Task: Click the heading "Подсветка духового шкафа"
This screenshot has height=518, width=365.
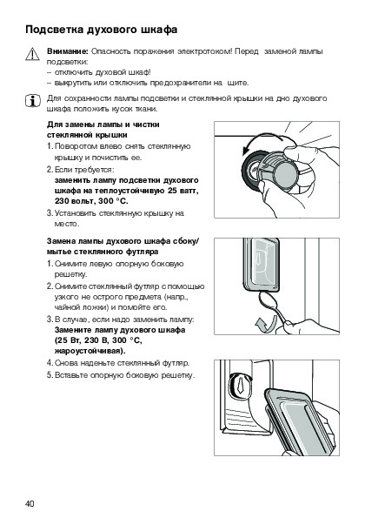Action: pyautogui.click(x=101, y=30)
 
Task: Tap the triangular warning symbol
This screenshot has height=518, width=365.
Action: pyautogui.click(x=32, y=55)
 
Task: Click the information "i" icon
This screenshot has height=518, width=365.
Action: pyautogui.click(x=33, y=100)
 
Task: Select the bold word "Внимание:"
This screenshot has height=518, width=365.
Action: pyautogui.click(x=67, y=51)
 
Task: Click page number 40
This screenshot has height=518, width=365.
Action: pyautogui.click(x=30, y=503)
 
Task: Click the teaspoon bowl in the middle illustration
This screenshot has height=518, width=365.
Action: pyautogui.click(x=265, y=300)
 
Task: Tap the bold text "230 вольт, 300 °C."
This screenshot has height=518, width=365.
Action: pyautogui.click(x=91, y=201)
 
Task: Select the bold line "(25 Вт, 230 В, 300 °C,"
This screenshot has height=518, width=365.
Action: pyautogui.click(x=98, y=340)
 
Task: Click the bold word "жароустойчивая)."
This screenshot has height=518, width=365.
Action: pyautogui.click(x=90, y=351)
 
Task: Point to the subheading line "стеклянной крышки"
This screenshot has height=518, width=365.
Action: pyautogui.click(x=87, y=135)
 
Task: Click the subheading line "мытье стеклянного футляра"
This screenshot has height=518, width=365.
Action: pyautogui.click(x=103, y=252)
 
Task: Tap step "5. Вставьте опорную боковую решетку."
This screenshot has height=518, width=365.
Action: pyautogui.click(x=121, y=375)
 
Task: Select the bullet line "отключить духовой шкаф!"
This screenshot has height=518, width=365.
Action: pyautogui.click(x=103, y=72)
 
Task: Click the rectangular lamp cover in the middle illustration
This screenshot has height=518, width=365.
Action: pyautogui.click(x=261, y=266)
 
